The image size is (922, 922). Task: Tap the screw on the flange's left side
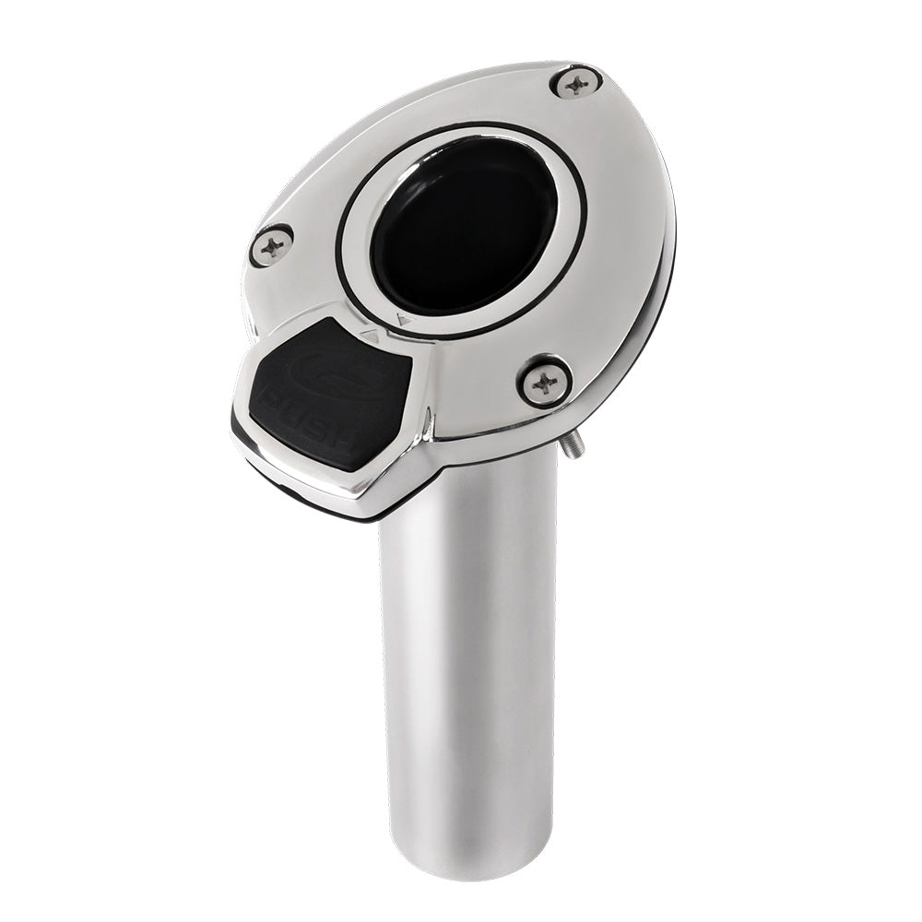click(271, 245)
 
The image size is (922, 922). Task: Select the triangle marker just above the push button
click(371, 337)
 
